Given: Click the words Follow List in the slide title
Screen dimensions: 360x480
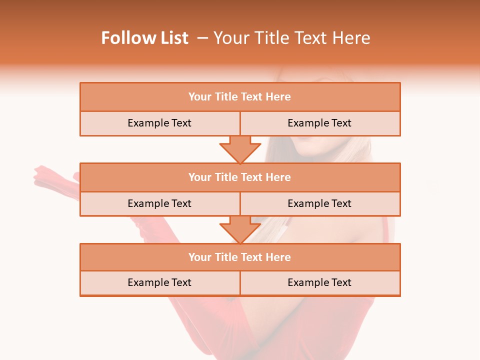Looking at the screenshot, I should click(144, 38).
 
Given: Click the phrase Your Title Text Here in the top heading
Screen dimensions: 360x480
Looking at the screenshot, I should click(291, 38).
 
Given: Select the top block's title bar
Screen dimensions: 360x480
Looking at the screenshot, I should click(240, 97).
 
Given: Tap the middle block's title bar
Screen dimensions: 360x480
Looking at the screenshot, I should click(240, 177).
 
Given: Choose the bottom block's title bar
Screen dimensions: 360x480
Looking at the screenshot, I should click(240, 257).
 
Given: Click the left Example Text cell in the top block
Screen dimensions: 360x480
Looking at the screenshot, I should click(159, 123).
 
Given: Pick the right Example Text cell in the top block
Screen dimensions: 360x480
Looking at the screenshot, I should click(319, 123).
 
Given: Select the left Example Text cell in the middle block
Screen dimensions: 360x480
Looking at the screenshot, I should click(159, 204).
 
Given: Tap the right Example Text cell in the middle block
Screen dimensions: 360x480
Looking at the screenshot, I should click(319, 204).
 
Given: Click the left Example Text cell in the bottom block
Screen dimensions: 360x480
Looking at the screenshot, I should click(159, 283).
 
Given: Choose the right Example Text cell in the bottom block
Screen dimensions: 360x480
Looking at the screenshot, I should click(319, 283).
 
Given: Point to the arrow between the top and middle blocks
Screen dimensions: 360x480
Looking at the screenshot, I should click(240, 149).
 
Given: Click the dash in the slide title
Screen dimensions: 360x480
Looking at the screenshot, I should click(202, 38).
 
